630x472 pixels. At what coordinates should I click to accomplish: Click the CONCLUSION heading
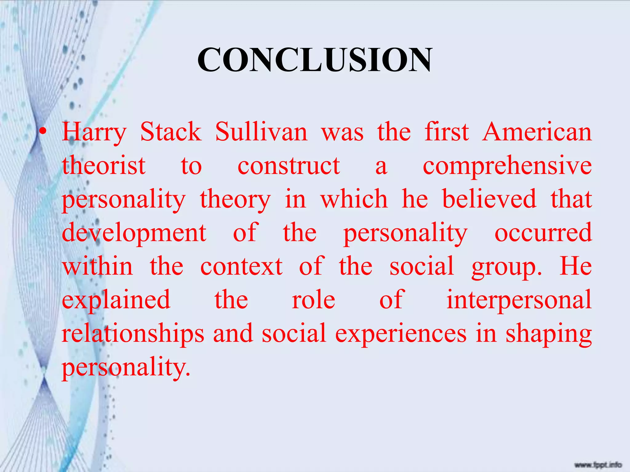pos(315,60)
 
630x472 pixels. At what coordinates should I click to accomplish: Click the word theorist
pos(104,166)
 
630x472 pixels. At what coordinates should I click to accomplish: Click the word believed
pos(489,199)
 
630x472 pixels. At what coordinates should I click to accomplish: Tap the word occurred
pos(543,233)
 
